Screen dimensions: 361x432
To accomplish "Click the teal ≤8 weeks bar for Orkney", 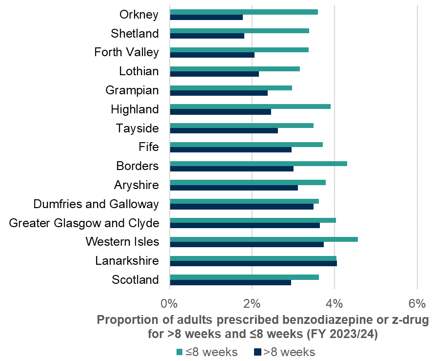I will [x=244, y=12].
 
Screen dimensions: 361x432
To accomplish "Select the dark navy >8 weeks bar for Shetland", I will [x=207, y=36].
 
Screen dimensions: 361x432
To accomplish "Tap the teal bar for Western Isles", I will [x=264, y=239].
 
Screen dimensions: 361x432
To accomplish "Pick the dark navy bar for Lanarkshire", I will [x=253, y=263].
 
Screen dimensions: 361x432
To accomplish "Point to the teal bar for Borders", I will [x=258, y=163].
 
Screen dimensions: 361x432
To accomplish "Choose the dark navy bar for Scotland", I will [x=230, y=282].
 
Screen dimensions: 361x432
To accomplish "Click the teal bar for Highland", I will [x=250, y=106].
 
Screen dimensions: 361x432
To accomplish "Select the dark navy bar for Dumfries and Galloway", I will [x=241, y=206].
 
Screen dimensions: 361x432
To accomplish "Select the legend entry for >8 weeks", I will [x=285, y=352].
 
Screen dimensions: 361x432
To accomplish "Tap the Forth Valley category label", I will [x=126, y=52].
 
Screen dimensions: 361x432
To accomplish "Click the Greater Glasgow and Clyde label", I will [x=84, y=223].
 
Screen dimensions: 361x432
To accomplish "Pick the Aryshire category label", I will [x=137, y=185].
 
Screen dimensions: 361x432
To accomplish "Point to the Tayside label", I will [x=137, y=128].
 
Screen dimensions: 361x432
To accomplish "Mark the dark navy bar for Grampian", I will [x=218, y=93].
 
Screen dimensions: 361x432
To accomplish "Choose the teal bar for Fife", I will [x=246, y=144].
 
